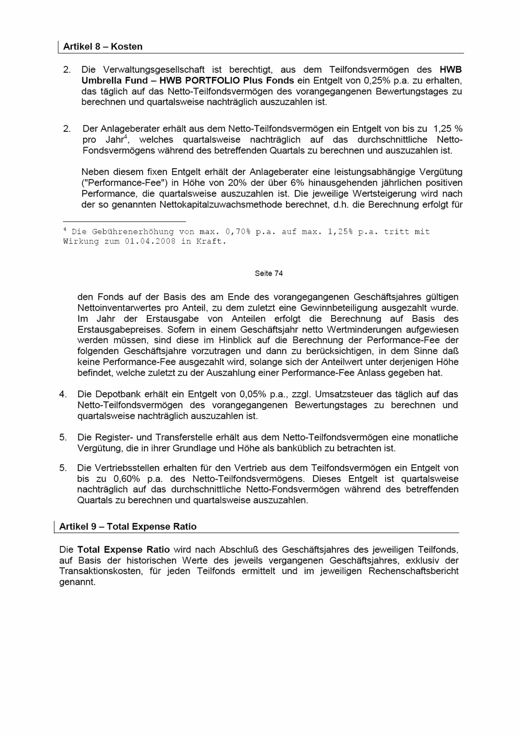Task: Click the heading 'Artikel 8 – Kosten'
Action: [103, 47]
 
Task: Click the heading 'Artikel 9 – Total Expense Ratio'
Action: [128, 527]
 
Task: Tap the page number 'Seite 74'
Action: [269, 273]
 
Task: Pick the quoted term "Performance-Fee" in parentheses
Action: [125, 183]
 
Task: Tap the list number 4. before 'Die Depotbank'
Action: [63, 394]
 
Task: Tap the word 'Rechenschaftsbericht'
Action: [414, 571]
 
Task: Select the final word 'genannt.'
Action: [77, 582]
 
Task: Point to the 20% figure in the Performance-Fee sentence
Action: [236, 183]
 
